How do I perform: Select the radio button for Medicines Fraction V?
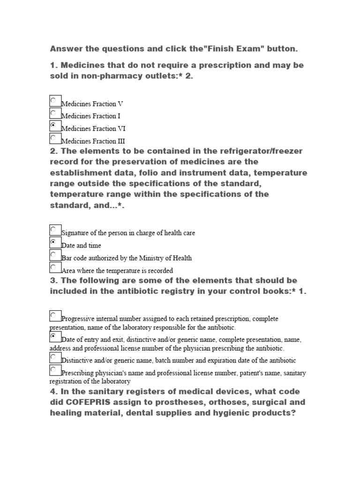coord(55,101)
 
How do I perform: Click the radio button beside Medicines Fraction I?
coord(55,114)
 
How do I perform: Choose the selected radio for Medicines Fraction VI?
coord(55,126)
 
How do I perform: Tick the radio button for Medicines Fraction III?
coord(55,139)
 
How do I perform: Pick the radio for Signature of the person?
coord(55,230)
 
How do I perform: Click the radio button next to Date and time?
coord(55,243)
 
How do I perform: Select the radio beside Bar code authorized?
coord(55,255)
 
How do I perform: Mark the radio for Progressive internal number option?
coord(55,316)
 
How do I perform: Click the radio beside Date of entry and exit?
coord(55,337)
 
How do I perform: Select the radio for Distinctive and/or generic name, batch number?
coord(55,358)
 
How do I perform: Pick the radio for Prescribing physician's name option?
coord(55,371)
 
